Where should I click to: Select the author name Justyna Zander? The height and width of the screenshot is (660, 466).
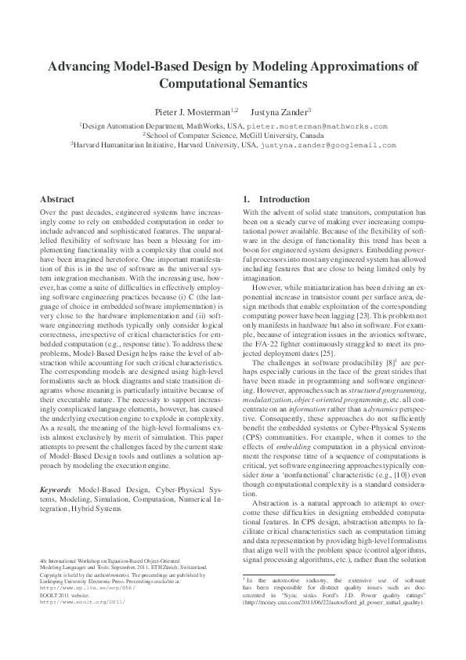pyautogui.click(x=280, y=112)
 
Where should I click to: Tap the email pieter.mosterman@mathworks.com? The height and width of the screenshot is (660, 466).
pyautogui.click(x=317, y=125)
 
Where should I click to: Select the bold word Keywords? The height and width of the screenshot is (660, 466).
pyautogui.click(x=57, y=467)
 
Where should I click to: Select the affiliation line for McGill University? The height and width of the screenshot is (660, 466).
pyautogui.click(x=233, y=135)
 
